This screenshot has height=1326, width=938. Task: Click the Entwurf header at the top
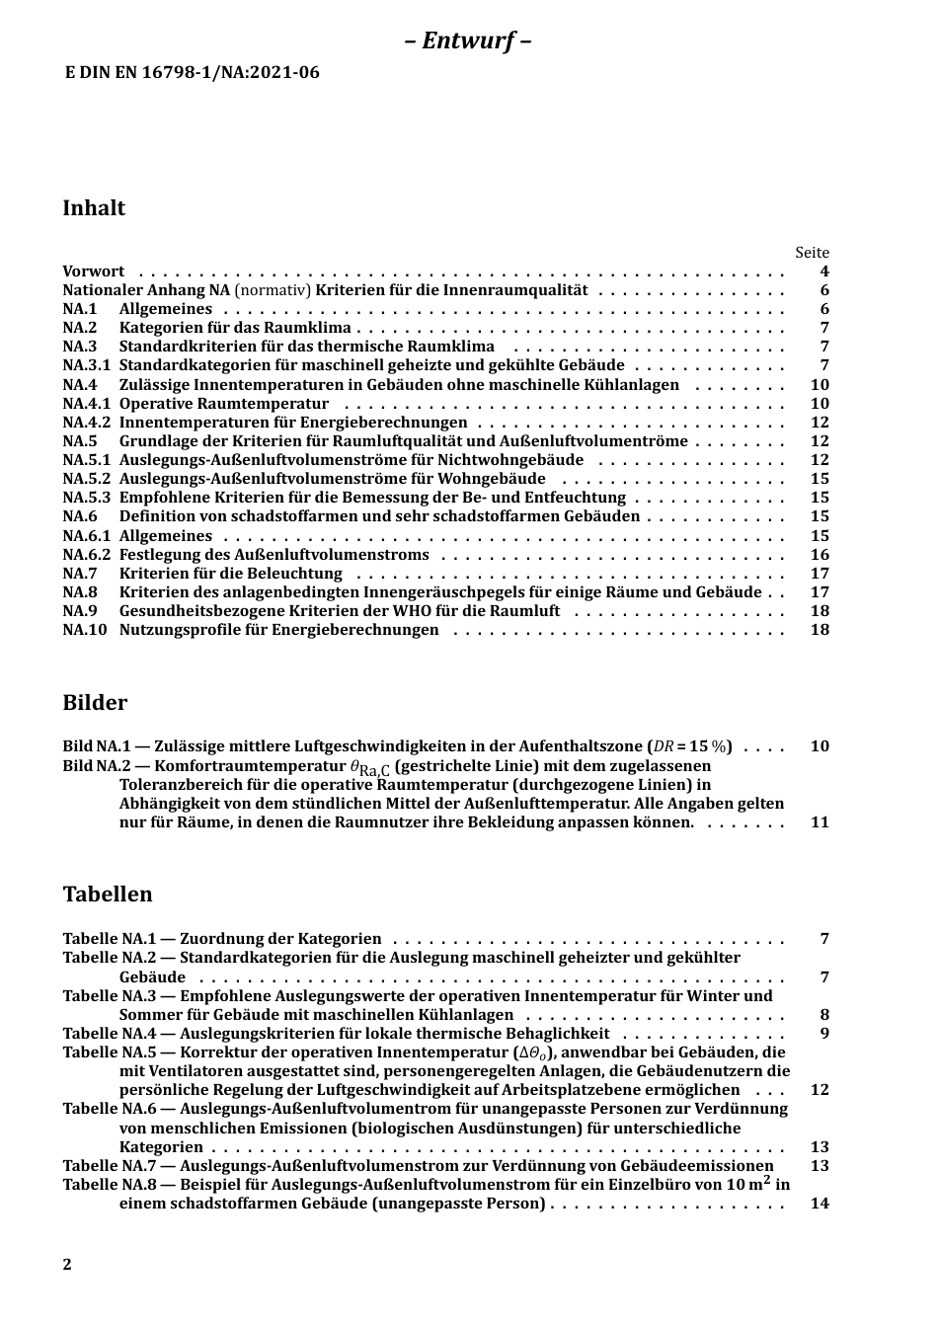coord(468,41)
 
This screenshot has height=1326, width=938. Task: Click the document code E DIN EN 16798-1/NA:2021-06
coord(192,72)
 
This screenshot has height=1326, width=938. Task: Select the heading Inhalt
coord(94,208)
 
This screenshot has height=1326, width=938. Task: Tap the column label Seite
coord(812,253)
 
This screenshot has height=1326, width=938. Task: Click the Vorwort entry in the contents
coord(94,272)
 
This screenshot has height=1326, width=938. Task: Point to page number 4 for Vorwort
coord(824,272)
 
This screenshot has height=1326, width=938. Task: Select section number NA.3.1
coord(86,366)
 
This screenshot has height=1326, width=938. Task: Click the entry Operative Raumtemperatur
coord(224,404)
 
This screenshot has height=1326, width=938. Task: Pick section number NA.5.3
coord(86,499)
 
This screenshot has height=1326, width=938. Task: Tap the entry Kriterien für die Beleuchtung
coord(231,574)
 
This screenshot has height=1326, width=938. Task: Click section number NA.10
coord(84,630)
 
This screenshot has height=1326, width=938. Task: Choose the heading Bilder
coord(95,704)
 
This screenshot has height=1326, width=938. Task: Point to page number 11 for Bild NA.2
coord(820,822)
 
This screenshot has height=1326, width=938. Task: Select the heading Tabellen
coord(108,896)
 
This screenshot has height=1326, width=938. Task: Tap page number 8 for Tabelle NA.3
coord(824,1015)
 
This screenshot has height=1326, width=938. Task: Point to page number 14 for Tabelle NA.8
coord(820,1204)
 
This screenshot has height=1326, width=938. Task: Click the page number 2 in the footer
coord(67,1265)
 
